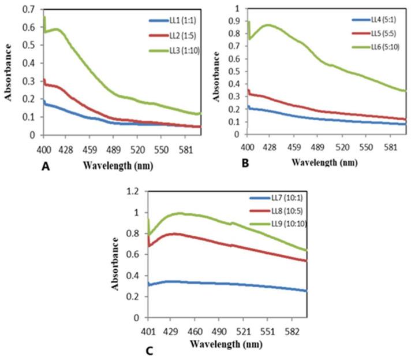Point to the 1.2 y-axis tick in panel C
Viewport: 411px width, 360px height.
[x=134, y=191]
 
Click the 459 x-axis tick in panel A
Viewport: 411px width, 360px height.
[x=90, y=143]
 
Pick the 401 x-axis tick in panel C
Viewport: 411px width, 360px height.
[x=148, y=326]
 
